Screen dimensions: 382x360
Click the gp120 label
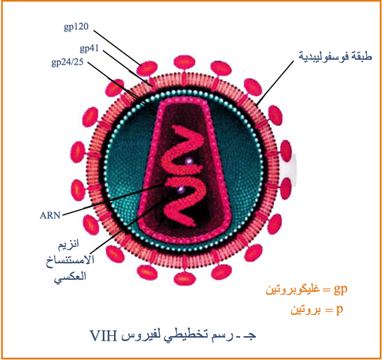[x=76, y=27]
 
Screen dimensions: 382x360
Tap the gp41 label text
[x=89, y=49]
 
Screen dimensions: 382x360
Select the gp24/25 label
[x=68, y=62]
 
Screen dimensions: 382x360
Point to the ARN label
[x=50, y=215]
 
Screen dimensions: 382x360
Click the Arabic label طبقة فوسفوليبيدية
[x=335, y=56]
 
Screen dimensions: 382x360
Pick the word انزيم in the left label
[x=68, y=244]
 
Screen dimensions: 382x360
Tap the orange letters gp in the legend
[x=341, y=289]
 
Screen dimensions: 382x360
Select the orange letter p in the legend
[x=339, y=310]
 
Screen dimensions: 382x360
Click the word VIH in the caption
[x=104, y=336]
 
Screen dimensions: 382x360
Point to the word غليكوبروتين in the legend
[x=293, y=290]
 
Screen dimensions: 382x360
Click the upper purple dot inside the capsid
[x=189, y=161]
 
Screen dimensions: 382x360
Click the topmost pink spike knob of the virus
[x=185, y=62]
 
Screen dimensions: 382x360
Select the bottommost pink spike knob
[x=183, y=279]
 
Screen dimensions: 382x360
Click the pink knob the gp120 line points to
[x=147, y=68]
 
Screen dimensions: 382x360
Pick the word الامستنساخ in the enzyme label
[x=71, y=261]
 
